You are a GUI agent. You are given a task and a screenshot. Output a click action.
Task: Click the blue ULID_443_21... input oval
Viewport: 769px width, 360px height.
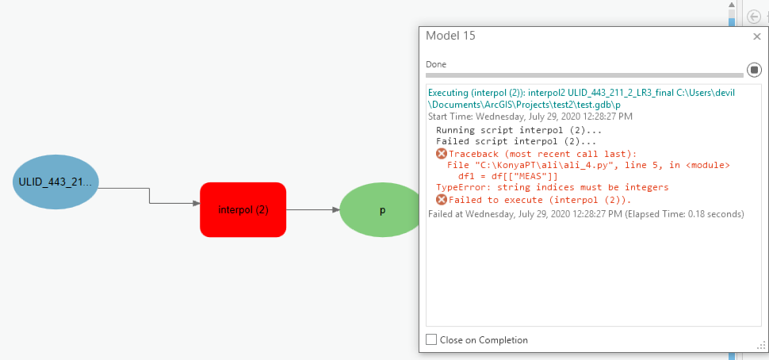point(55,182)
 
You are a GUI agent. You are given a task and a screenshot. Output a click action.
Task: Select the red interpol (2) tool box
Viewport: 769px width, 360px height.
point(243,210)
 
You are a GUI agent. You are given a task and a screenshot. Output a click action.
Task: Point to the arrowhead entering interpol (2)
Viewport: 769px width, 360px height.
point(197,203)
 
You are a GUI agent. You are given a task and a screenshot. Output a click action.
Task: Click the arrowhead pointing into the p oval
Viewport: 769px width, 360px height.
point(336,210)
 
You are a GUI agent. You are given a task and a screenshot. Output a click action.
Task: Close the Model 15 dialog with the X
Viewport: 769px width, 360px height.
point(757,36)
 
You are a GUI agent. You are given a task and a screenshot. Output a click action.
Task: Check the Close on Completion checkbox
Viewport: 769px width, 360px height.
point(431,339)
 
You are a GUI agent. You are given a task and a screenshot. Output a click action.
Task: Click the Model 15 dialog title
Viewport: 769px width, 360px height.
point(450,36)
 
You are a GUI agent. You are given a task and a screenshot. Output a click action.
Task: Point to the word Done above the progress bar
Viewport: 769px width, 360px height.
point(436,64)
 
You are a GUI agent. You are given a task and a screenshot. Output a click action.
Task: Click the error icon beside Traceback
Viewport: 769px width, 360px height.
point(442,154)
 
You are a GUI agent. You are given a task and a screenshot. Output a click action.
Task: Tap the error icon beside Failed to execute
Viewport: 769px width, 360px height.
point(442,200)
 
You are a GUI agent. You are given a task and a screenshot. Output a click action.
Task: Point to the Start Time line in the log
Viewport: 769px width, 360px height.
point(530,117)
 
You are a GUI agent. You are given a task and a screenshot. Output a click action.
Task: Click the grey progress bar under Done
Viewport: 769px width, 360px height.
point(584,75)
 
